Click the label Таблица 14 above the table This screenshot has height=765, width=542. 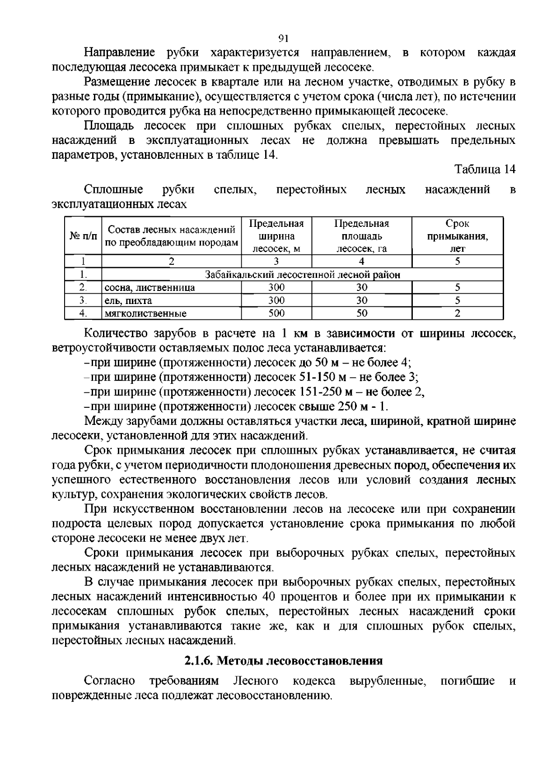pyautogui.click(x=485, y=170)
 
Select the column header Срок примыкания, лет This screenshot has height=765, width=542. pyautogui.click(x=457, y=236)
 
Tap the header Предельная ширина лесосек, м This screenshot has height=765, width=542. pyautogui.click(x=276, y=236)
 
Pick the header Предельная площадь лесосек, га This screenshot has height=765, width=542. pyautogui.click(x=361, y=236)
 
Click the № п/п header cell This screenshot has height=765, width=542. pyautogui.click(x=83, y=236)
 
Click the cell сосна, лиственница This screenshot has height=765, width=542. pyautogui.click(x=150, y=288)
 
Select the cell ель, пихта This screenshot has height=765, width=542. pyautogui.click(x=129, y=300)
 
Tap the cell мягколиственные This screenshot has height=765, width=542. pyautogui.click(x=145, y=313)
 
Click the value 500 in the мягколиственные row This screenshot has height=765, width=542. pyautogui.click(x=276, y=313)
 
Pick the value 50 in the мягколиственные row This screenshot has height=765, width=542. pyautogui.click(x=361, y=313)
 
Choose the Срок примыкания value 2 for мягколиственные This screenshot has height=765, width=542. pyautogui.click(x=457, y=313)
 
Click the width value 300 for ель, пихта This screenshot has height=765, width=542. pyautogui.click(x=276, y=300)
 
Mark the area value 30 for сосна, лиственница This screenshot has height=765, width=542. pyautogui.click(x=361, y=287)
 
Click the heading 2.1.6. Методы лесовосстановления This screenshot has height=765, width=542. pyautogui.click(x=284, y=661)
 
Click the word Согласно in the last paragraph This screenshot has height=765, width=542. pyautogui.click(x=110, y=681)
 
